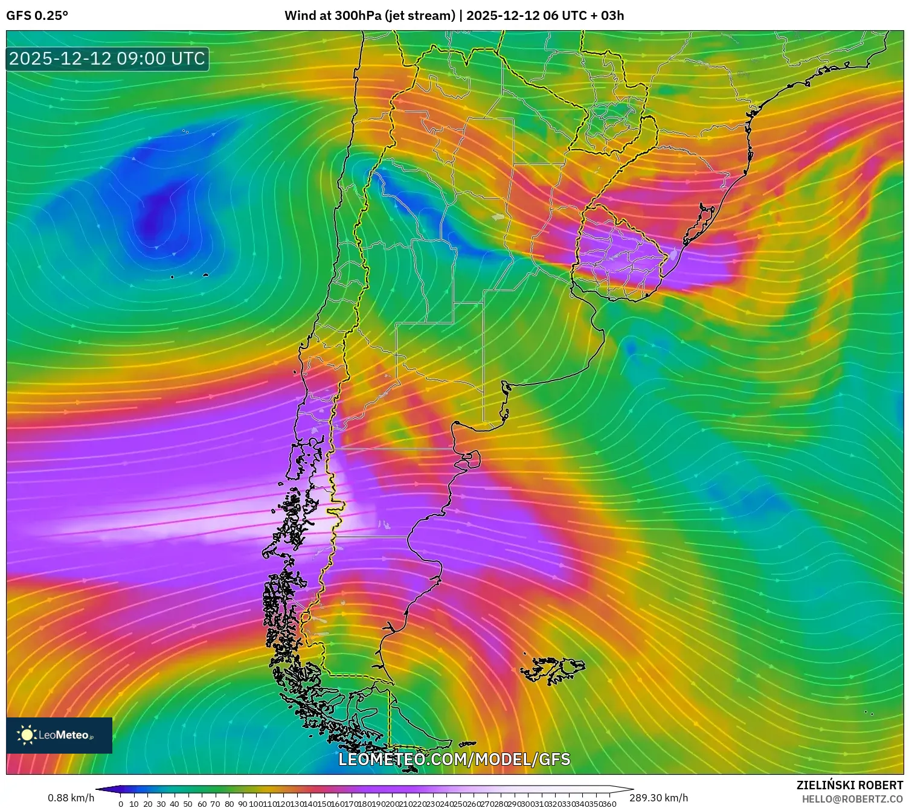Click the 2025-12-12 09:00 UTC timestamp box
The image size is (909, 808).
[107, 59]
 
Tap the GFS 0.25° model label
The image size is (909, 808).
[37, 16]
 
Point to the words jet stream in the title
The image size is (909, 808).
[419, 16]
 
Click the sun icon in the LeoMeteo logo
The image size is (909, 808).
[27, 735]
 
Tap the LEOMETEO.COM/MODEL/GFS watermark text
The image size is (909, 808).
[454, 759]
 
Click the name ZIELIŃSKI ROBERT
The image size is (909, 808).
[850, 785]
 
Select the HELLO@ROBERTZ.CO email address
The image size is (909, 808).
[852, 799]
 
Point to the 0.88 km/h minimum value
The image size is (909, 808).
[71, 798]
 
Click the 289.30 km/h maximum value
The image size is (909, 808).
[659, 798]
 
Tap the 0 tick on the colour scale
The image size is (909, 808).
[121, 804]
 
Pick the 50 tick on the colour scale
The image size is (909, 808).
[188, 804]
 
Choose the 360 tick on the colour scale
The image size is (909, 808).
[609, 804]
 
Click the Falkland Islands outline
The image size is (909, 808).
[553, 669]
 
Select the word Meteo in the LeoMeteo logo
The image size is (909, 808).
[73, 735]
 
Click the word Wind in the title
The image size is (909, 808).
[298, 16]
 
